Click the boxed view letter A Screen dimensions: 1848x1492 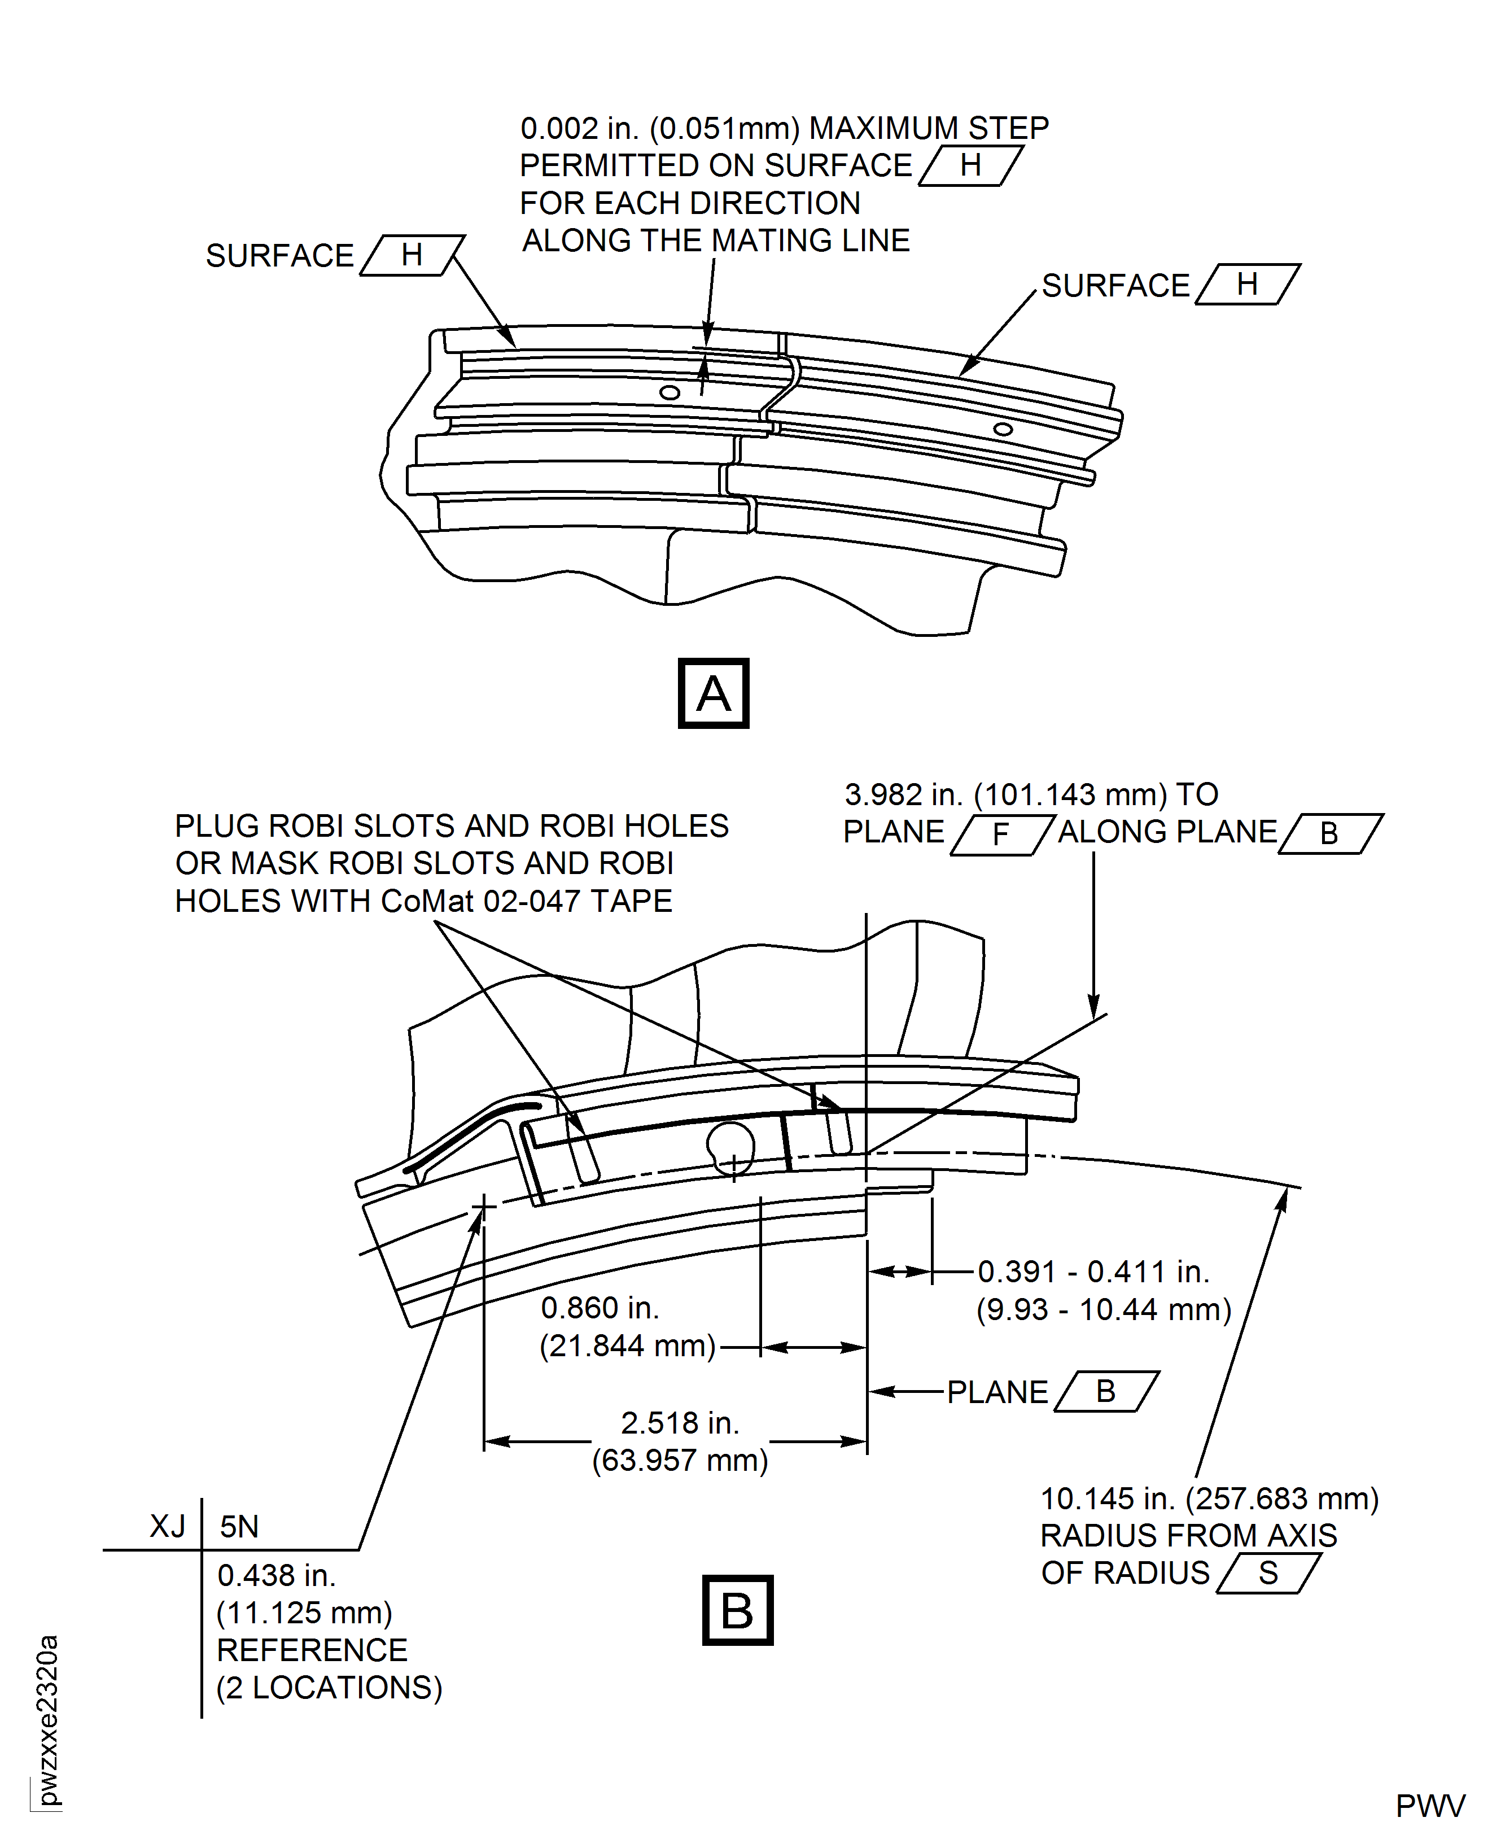[x=714, y=694]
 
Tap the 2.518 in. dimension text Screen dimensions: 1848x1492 [x=680, y=1422]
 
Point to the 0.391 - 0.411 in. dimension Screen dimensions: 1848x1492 [x=1093, y=1272]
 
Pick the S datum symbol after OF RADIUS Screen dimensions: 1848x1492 [x=1268, y=1573]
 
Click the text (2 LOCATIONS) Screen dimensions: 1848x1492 [x=329, y=1687]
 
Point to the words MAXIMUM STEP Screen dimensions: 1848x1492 [x=929, y=128]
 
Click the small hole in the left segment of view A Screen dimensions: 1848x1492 [x=670, y=393]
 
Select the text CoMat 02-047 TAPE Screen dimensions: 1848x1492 [x=526, y=901]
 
